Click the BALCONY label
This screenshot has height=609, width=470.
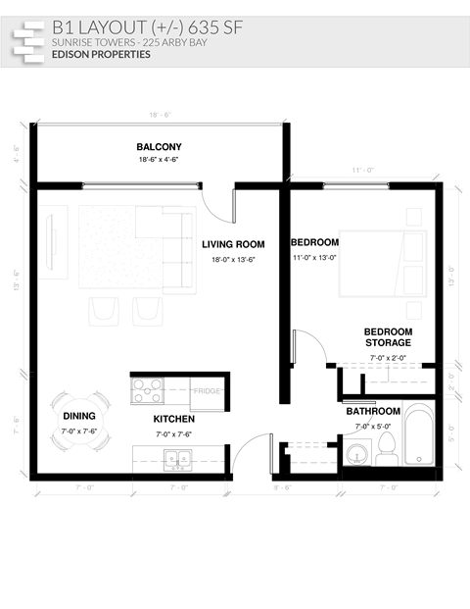(159, 147)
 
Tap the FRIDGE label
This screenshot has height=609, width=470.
(207, 391)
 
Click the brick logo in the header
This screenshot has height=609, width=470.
(28, 41)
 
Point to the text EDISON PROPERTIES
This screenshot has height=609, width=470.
(102, 55)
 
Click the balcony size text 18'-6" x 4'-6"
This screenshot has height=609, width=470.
(159, 159)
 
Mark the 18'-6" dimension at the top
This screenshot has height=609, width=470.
(160, 115)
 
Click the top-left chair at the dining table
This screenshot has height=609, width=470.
(60, 402)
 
